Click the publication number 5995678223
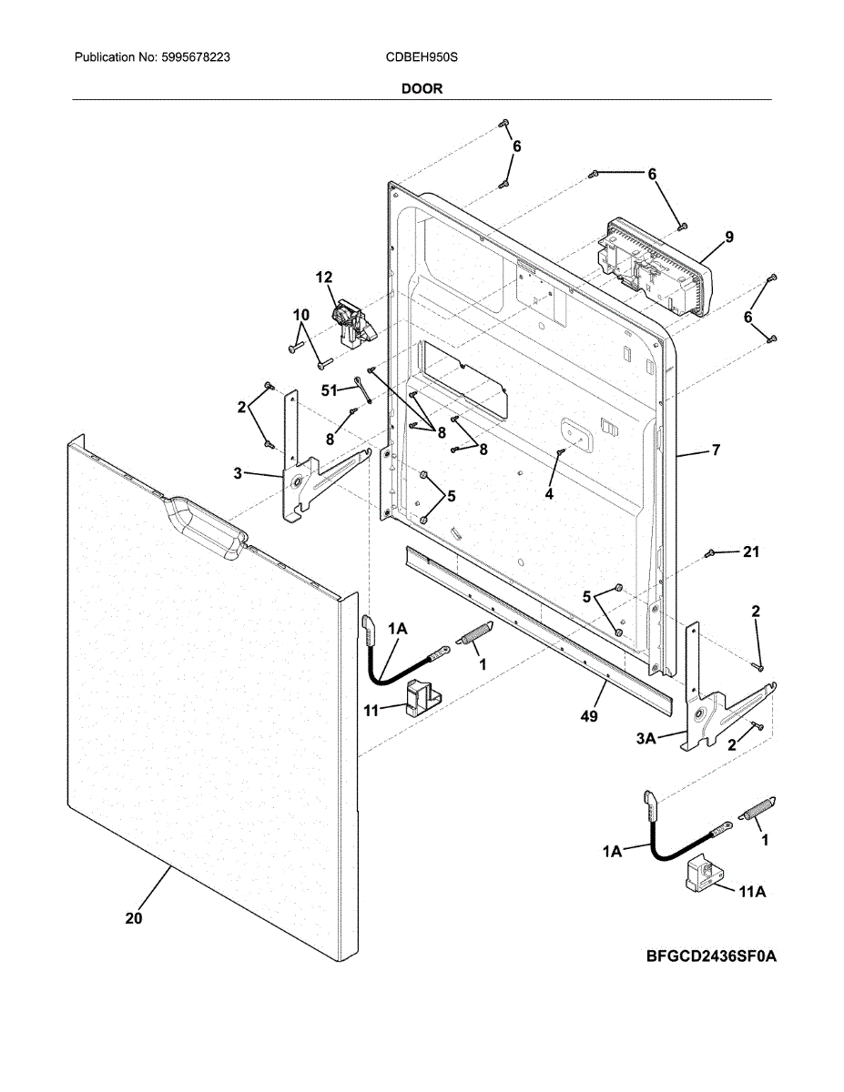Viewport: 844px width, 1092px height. pyautogui.click(x=197, y=57)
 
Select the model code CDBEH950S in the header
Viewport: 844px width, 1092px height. pyautogui.click(x=422, y=57)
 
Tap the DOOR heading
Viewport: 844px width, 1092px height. pyautogui.click(x=422, y=88)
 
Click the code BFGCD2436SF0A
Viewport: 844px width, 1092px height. pyautogui.click(x=713, y=956)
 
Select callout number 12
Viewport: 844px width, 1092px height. pyautogui.click(x=324, y=278)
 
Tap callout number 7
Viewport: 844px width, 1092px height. pyautogui.click(x=716, y=450)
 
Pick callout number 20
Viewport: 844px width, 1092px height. pyautogui.click(x=134, y=919)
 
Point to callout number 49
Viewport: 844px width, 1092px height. pyautogui.click(x=589, y=717)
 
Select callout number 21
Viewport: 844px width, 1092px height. pyautogui.click(x=750, y=552)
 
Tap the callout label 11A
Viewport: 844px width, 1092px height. pyautogui.click(x=752, y=894)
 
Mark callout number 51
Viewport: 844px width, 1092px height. pyautogui.click(x=330, y=389)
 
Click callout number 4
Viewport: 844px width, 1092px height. pyautogui.click(x=549, y=493)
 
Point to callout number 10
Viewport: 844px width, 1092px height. pyautogui.click(x=301, y=316)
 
